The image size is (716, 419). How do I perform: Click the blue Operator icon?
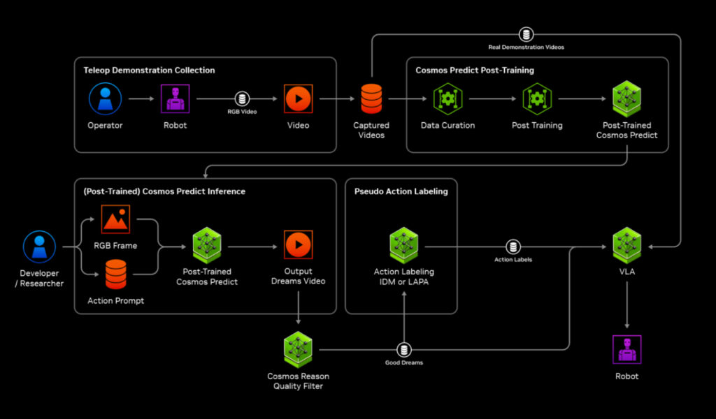pyautogui.click(x=105, y=98)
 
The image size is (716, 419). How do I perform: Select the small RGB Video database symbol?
pyautogui.click(x=243, y=98)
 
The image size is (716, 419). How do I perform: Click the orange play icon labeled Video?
pyautogui.click(x=298, y=98)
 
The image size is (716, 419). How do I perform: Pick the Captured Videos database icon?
pyautogui.click(x=371, y=98)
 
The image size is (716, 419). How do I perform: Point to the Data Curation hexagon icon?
pyautogui.click(x=447, y=98)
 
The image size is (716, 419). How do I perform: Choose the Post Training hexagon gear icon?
pyautogui.click(x=537, y=98)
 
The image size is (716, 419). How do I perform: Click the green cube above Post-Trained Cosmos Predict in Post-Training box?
pyautogui.click(x=626, y=98)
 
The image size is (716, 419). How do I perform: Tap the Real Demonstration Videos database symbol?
pyautogui.click(x=527, y=34)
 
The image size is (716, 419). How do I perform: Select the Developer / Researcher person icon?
pyautogui.click(x=39, y=247)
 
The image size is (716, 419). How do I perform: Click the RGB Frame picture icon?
pyautogui.click(x=115, y=219)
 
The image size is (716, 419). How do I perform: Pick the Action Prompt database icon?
pyautogui.click(x=115, y=274)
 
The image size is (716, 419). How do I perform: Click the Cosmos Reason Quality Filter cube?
pyautogui.click(x=298, y=348)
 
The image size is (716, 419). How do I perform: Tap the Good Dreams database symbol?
pyautogui.click(x=404, y=349)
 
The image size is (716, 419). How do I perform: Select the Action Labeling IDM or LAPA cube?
pyautogui.click(x=403, y=245)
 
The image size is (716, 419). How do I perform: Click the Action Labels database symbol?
pyautogui.click(x=513, y=247)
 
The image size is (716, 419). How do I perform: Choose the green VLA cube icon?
pyautogui.click(x=626, y=245)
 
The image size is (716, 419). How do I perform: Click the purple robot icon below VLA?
pyautogui.click(x=626, y=349)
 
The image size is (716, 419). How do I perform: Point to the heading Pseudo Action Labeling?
pyautogui.click(x=401, y=191)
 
